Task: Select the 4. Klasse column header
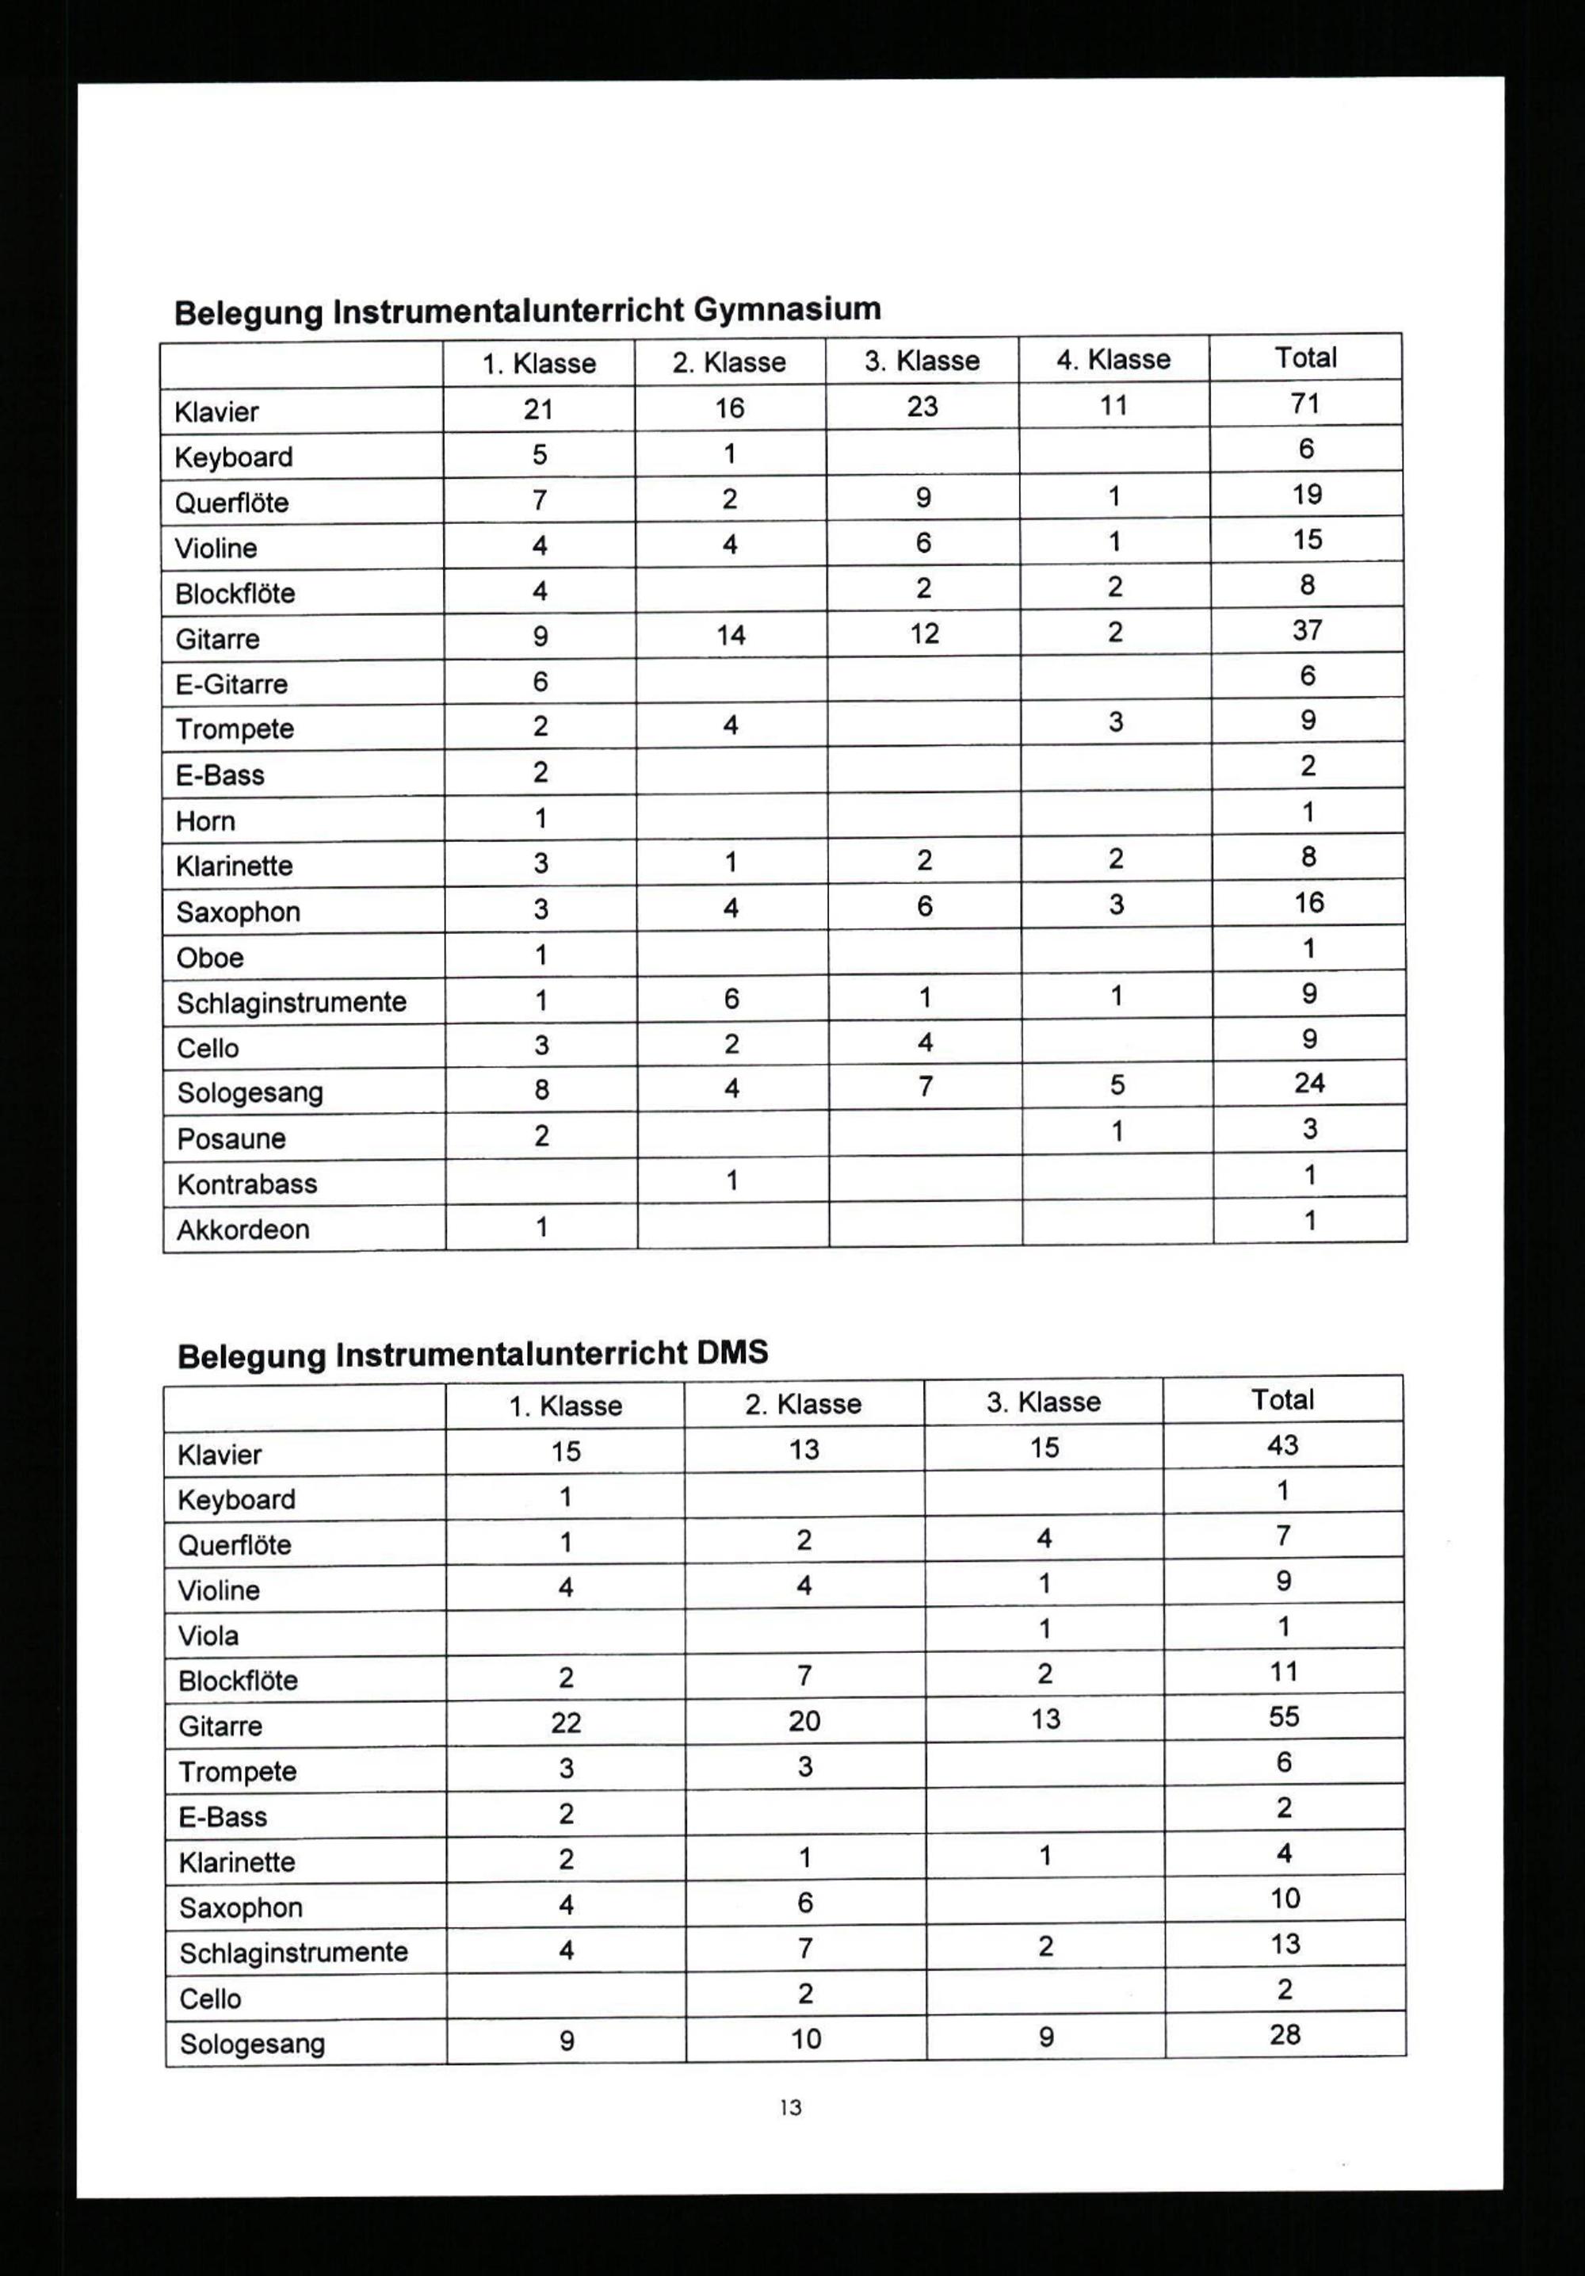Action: pyautogui.click(x=1113, y=359)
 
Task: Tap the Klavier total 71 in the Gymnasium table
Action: pyautogui.click(x=1305, y=404)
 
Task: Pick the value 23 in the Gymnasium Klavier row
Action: pyautogui.click(x=922, y=407)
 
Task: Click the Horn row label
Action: pyautogui.click(x=205, y=821)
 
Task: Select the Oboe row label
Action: pyautogui.click(x=209, y=958)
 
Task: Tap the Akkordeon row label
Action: pyautogui.click(x=243, y=1230)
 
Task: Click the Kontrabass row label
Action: pyautogui.click(x=246, y=1184)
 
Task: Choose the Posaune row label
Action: pyautogui.click(x=231, y=1139)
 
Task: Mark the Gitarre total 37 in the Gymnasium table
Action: pyautogui.click(x=1308, y=630)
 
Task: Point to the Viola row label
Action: pyautogui.click(x=208, y=1635)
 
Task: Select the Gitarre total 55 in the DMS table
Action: pyautogui.click(x=1284, y=1717)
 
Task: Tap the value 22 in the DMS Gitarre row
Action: pyautogui.click(x=566, y=1723)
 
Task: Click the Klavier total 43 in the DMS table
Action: pyautogui.click(x=1283, y=1445)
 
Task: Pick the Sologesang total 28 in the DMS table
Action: pyautogui.click(x=1285, y=2035)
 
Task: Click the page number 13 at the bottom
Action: pyautogui.click(x=790, y=2107)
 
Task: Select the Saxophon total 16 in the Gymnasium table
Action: pyautogui.click(x=1308, y=902)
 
